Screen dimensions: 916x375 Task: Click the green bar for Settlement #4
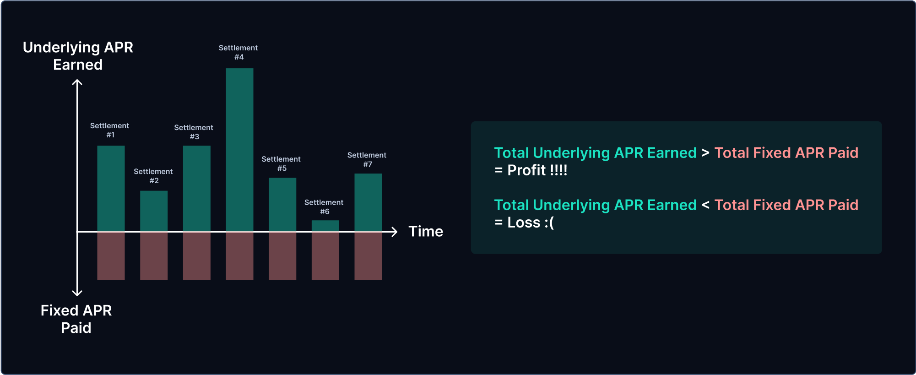pyautogui.click(x=239, y=150)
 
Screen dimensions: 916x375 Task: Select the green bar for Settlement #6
pyautogui.click(x=325, y=226)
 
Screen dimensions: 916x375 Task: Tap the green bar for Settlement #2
pyautogui.click(x=154, y=211)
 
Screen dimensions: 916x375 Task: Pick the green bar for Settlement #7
pyautogui.click(x=368, y=202)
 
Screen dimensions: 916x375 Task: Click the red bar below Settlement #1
pyautogui.click(x=111, y=256)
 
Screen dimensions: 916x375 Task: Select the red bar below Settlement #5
pyautogui.click(x=282, y=256)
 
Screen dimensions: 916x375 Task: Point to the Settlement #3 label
pyautogui.click(x=194, y=132)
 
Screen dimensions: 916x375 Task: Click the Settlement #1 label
pyautogui.click(x=109, y=130)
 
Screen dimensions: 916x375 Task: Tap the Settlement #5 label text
pyautogui.click(x=281, y=163)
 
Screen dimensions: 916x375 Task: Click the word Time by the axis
pyautogui.click(x=426, y=231)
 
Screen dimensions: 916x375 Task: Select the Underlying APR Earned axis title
pyautogui.click(x=78, y=56)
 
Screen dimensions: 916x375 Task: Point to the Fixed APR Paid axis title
pyautogui.click(x=76, y=319)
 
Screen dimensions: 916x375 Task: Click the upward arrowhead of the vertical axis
pyautogui.click(x=77, y=82)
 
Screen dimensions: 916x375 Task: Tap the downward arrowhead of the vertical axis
pyautogui.click(x=77, y=293)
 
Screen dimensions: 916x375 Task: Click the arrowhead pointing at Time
pyautogui.click(x=394, y=232)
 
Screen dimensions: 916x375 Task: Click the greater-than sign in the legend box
pyautogui.click(x=705, y=153)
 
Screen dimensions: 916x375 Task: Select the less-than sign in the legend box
pyautogui.click(x=705, y=205)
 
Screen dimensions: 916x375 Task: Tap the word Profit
pyautogui.click(x=526, y=170)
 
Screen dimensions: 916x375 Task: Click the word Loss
pyautogui.click(x=524, y=223)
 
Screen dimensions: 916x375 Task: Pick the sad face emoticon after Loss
pyautogui.click(x=549, y=223)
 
